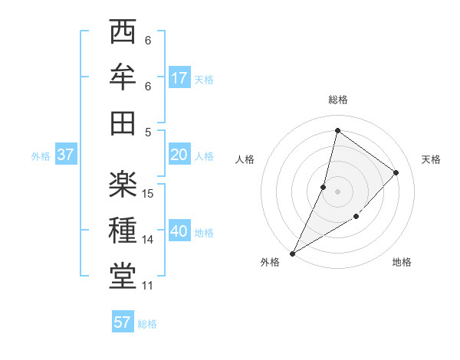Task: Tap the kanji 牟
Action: point(123,77)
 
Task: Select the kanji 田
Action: point(123,122)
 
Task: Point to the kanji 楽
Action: point(123,185)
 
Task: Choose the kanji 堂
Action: point(123,274)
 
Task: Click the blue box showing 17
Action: point(179,78)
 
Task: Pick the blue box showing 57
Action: point(123,322)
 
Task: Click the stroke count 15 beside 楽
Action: point(149,194)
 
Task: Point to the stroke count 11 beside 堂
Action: point(148,286)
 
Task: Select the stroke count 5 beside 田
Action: point(148,131)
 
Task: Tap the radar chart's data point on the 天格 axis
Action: point(396,172)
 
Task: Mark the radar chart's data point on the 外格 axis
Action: point(292,254)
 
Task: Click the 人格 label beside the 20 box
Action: point(204,156)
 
